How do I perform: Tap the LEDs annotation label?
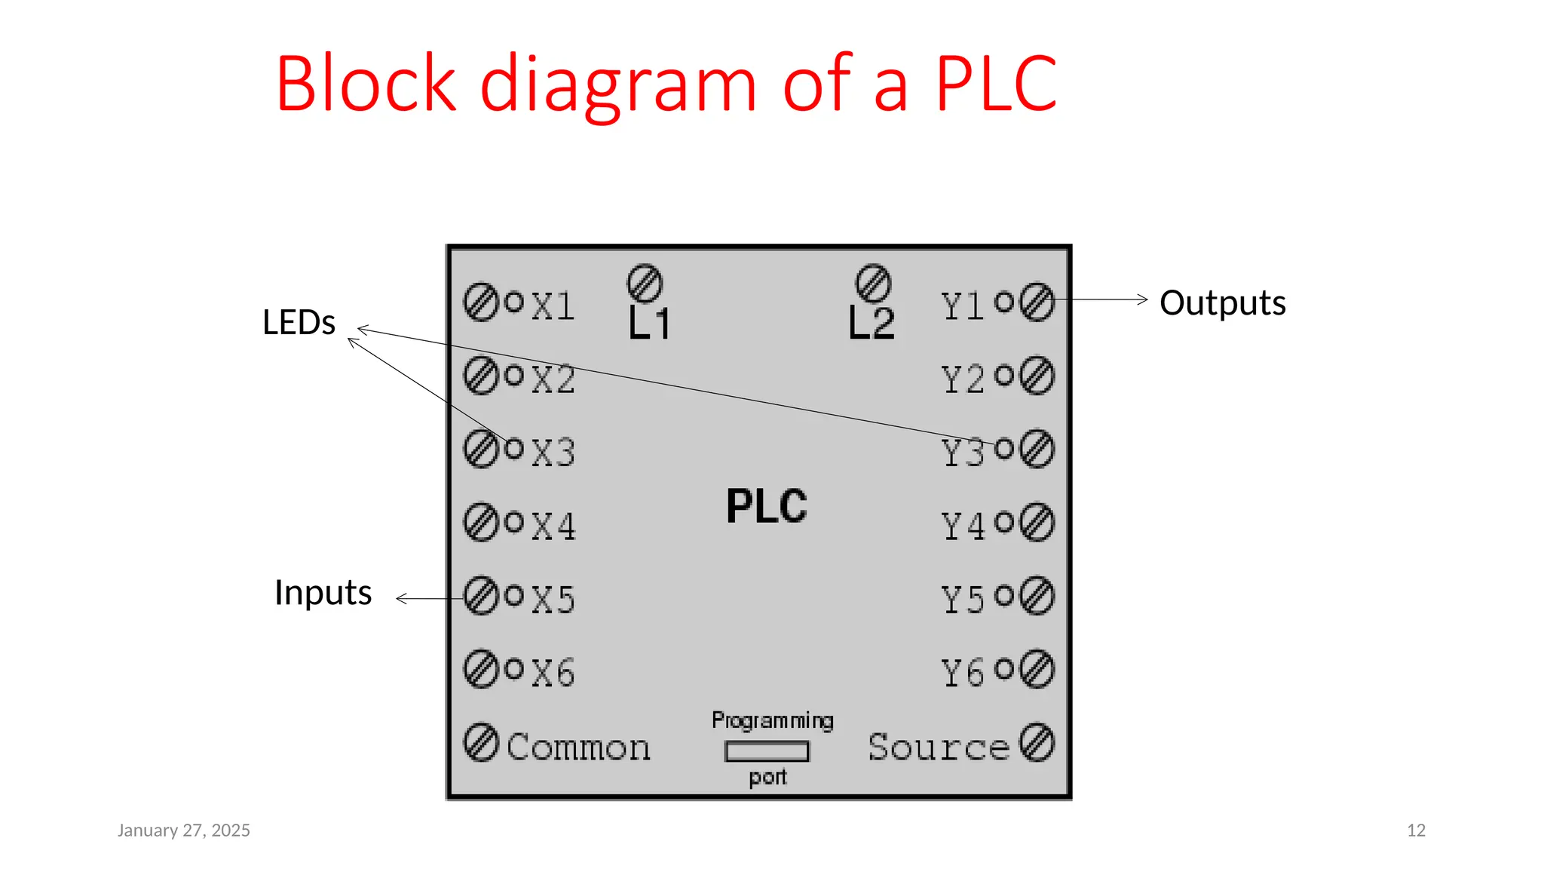coord(299,323)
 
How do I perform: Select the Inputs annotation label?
coord(323,593)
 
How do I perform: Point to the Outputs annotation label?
coord(1222,303)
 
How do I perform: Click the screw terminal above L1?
coord(645,284)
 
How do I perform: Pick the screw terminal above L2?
coord(873,284)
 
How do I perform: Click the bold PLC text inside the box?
coord(766,506)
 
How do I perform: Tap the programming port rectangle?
coord(767,751)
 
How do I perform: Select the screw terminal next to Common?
coord(480,742)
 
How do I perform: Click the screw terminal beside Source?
coord(1037,742)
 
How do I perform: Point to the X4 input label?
coord(553,526)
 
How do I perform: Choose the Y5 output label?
coord(963,600)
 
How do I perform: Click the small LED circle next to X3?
coord(514,448)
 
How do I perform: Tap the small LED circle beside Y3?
coord(1004,449)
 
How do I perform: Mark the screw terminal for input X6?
coord(480,669)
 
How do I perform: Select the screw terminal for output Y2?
coord(1037,376)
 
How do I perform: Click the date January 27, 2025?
coord(183,831)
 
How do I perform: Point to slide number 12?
coord(1416,831)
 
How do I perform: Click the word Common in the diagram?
coord(578,748)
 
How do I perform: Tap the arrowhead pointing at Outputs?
coord(1143,299)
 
